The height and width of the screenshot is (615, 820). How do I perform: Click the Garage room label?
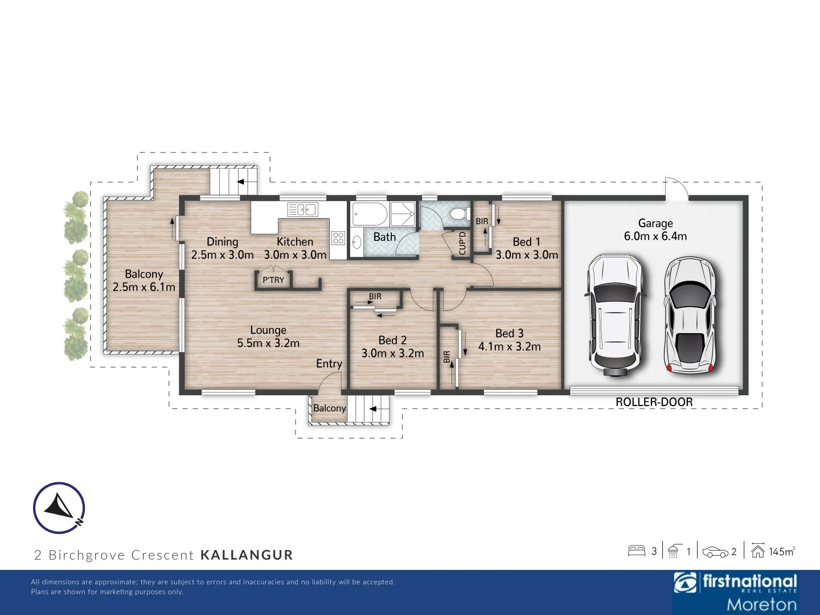[655, 223]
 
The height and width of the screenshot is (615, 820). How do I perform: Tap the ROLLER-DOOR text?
[654, 402]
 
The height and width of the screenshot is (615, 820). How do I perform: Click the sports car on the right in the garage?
[690, 315]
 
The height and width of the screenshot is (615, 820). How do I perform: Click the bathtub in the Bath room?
[370, 215]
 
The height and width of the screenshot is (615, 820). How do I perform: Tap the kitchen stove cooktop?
[338, 238]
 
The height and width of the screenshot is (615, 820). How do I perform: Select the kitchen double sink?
[302, 210]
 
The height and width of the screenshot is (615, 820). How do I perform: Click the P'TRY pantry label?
[273, 280]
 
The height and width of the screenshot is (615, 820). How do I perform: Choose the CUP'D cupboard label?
[462, 243]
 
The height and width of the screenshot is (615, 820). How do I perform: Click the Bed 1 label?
[526, 242]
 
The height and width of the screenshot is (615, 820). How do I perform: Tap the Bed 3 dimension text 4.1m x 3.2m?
[509, 346]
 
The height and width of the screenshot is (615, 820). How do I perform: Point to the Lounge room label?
[268, 330]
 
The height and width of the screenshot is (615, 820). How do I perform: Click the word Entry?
[329, 364]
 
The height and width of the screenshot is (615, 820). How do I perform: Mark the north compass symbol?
[59, 507]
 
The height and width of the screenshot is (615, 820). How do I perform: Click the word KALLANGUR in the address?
[247, 555]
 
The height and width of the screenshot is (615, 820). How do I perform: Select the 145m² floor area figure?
[781, 551]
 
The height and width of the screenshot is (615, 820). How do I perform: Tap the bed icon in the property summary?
[636, 551]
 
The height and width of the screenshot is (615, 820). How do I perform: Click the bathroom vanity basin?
[357, 243]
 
